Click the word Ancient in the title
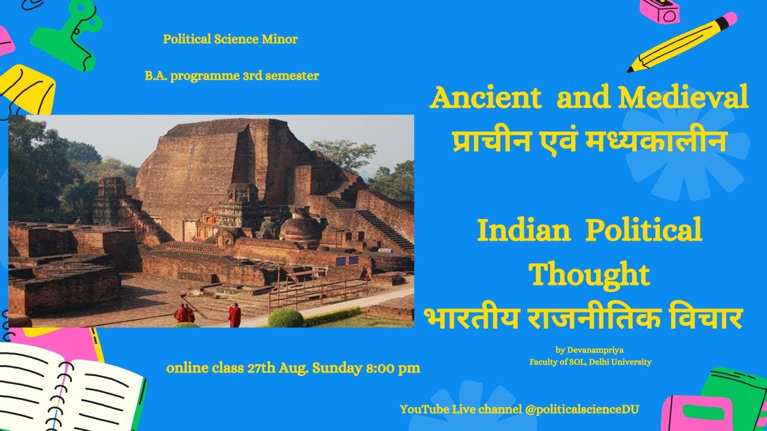click(x=485, y=98)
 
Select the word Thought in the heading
click(x=590, y=274)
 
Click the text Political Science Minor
click(x=230, y=40)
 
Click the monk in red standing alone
click(x=234, y=315)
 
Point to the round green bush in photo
click(x=285, y=317)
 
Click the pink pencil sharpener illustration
click(x=659, y=10)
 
